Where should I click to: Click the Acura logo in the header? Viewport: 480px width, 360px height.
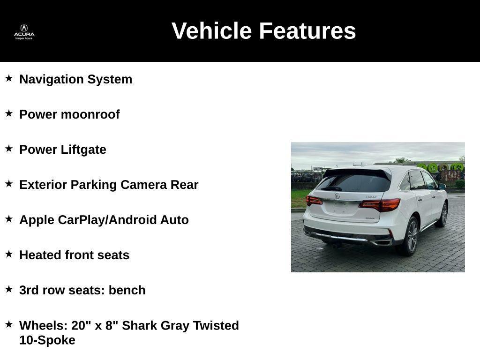point(24,31)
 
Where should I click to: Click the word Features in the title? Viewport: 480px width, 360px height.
point(307,31)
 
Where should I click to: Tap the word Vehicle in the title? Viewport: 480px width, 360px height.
point(212,31)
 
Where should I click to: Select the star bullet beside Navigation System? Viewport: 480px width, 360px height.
point(9,78)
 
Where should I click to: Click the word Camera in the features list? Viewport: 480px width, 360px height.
point(143,185)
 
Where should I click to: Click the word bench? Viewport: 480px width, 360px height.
point(127,290)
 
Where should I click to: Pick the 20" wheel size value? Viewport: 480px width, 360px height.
point(81,325)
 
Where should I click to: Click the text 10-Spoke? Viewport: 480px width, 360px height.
point(47,340)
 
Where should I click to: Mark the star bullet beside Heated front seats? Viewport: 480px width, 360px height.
point(9,254)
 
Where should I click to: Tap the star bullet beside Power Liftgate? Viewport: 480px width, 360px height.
point(9,149)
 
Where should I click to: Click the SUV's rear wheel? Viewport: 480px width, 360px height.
point(412,236)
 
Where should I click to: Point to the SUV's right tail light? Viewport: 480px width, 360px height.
point(381,205)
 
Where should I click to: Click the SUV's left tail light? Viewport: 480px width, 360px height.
point(314,201)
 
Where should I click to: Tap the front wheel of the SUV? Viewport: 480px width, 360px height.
point(442,215)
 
